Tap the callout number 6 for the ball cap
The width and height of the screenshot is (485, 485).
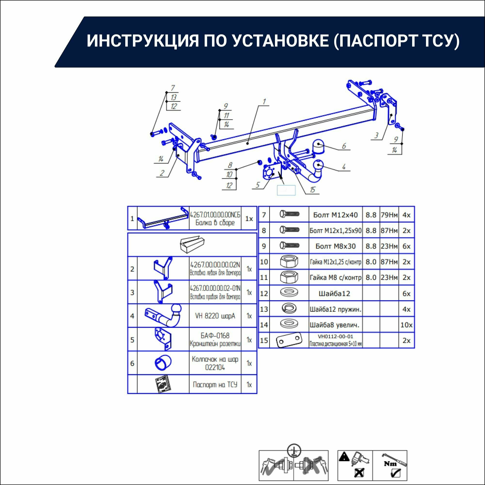click(x=344, y=146)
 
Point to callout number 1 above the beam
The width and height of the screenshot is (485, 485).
click(x=264, y=101)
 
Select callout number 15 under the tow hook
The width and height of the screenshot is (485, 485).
click(x=312, y=190)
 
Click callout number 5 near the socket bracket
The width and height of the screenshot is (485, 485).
click(x=258, y=185)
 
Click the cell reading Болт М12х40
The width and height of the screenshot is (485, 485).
click(x=335, y=215)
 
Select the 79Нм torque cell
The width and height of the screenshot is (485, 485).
click(x=389, y=215)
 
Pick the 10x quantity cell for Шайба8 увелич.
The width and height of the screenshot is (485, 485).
click(x=406, y=325)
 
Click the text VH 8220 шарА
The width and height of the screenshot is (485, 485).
click(x=215, y=316)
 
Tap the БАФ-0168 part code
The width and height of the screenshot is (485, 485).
click(x=215, y=336)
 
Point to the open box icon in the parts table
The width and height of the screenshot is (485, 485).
click(x=192, y=244)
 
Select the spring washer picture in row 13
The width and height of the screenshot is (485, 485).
click(x=289, y=309)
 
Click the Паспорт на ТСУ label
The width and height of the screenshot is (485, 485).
click(x=215, y=385)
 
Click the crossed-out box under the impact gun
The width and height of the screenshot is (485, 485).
click(x=359, y=473)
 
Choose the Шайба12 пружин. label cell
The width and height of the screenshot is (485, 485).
click(x=335, y=309)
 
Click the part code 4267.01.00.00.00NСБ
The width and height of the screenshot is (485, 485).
click(x=215, y=215)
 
